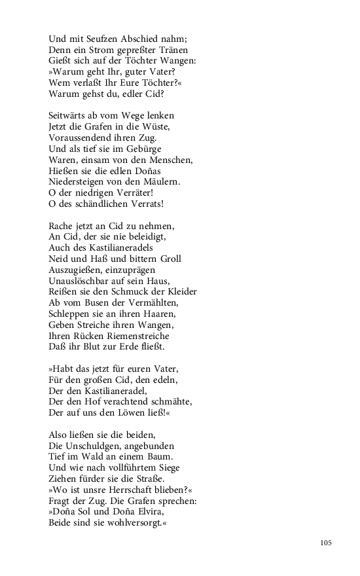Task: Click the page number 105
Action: (x=327, y=543)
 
